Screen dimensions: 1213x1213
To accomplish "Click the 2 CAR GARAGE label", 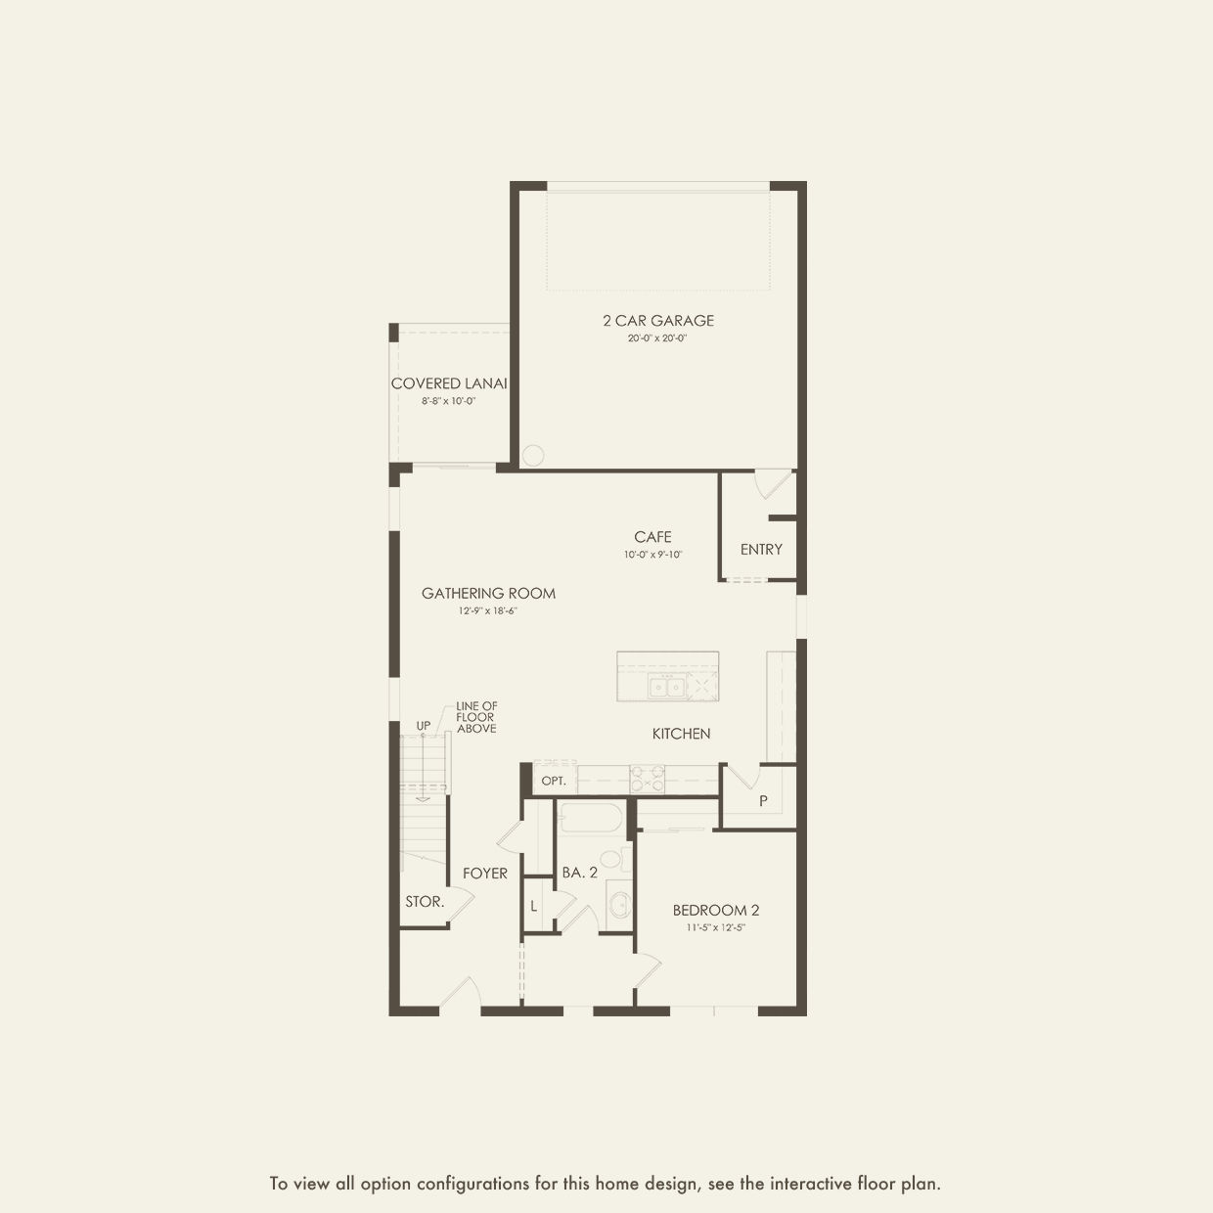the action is [658, 321].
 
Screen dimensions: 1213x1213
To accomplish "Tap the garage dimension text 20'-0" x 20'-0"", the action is [657, 338].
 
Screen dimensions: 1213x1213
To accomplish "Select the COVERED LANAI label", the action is [449, 383].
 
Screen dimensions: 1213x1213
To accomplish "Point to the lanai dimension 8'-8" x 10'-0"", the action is [448, 401].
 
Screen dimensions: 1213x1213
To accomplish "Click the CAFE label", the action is [652, 537].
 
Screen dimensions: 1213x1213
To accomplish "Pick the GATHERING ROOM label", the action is [488, 593].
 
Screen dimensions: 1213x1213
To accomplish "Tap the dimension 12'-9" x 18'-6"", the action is [488, 610].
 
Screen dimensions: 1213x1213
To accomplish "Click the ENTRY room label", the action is [761, 550].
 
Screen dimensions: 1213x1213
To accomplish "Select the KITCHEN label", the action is [681, 734].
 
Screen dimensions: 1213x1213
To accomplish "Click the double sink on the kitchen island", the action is [666, 686].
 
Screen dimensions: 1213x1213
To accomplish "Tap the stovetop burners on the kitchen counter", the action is [648, 779].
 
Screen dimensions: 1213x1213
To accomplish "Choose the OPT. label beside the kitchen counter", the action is [554, 782].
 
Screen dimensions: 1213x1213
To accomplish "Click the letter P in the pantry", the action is [764, 801].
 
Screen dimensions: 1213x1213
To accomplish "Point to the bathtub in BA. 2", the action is [591, 817].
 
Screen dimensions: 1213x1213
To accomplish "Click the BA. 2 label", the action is [580, 873].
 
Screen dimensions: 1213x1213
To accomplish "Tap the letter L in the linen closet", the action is [534, 907].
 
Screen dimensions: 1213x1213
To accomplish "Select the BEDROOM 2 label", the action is [716, 910].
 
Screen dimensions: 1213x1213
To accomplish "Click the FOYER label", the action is [484, 874].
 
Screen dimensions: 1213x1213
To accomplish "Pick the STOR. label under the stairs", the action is [425, 901].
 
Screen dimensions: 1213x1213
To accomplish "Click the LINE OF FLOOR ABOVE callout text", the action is [476, 718].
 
